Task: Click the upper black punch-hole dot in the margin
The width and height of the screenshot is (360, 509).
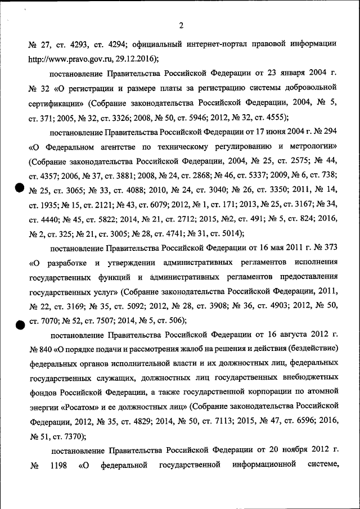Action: click(19, 190)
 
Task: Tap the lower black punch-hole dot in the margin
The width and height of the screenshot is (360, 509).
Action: click(19, 323)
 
